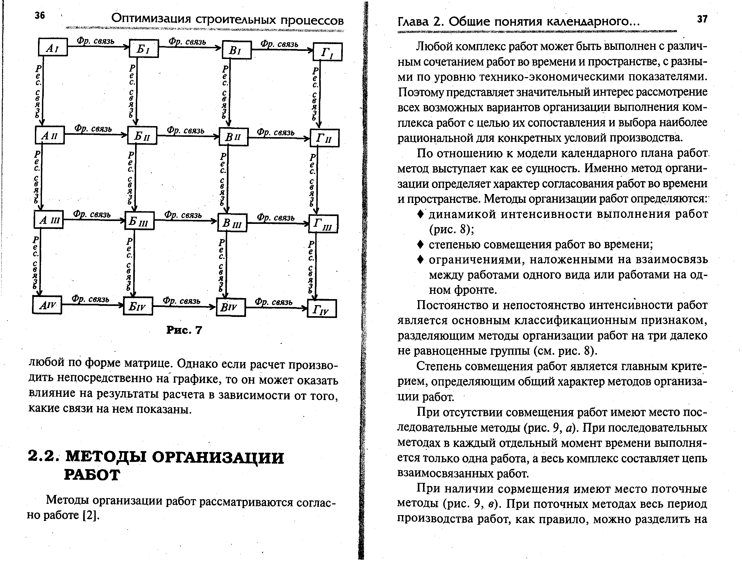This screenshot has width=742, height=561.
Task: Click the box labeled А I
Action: tap(53, 47)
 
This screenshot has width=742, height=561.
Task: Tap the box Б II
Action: tap(142, 136)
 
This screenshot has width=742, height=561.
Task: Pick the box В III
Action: tap(232, 223)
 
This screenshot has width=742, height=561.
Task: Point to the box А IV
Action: tap(47, 305)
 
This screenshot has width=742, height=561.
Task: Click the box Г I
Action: tap(327, 52)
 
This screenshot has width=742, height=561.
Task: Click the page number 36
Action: tap(40, 15)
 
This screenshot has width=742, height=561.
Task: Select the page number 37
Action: tap(702, 19)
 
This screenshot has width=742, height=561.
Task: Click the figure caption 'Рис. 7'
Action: tap(184, 330)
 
